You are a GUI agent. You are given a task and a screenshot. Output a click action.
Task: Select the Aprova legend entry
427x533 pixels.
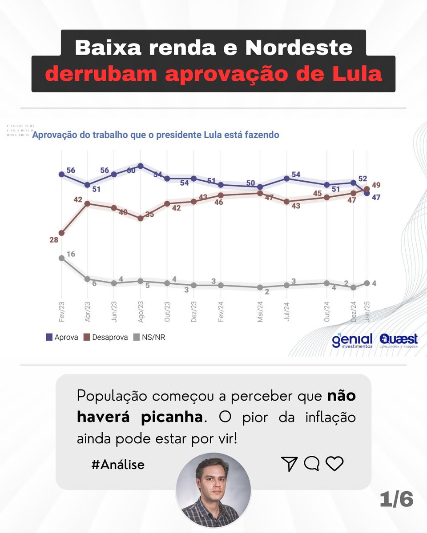(62, 337)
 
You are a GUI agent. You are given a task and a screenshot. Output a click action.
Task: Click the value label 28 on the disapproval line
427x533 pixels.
(54, 240)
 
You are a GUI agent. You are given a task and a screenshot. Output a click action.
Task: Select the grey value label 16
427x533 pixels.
(71, 254)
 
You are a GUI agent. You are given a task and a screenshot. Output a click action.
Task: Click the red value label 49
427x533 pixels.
(376, 185)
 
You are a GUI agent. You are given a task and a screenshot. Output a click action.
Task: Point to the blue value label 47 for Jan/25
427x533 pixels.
(375, 198)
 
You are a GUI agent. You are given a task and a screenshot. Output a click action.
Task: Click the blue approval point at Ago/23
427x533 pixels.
(141, 166)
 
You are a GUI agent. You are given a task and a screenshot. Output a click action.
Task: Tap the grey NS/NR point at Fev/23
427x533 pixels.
(61, 258)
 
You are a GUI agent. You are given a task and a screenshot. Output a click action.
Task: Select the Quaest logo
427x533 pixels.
(399, 340)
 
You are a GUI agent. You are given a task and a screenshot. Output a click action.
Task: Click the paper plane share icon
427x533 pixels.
(289, 464)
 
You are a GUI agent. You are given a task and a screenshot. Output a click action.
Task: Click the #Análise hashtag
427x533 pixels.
(117, 465)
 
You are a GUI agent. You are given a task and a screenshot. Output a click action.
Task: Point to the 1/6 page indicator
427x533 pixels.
(397, 500)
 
